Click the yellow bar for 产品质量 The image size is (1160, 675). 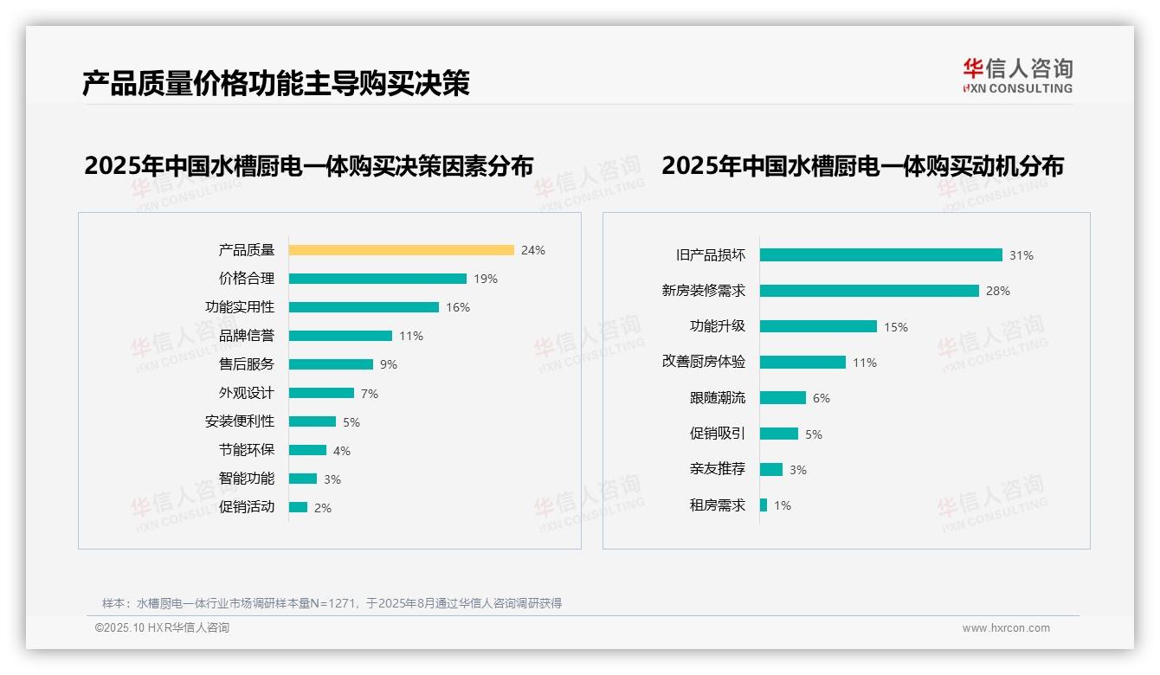click(x=401, y=250)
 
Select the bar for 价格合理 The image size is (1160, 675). click(x=377, y=279)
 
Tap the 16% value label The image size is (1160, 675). click(x=457, y=307)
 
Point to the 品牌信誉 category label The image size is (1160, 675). click(x=246, y=336)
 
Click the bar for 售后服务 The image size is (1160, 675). click(x=331, y=364)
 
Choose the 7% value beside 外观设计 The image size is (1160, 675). click(x=369, y=394)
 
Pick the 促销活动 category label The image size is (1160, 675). click(x=246, y=507)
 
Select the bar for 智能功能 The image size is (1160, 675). click(x=303, y=479)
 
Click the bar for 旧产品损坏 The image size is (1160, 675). click(x=880, y=255)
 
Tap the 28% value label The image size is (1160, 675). click(x=997, y=291)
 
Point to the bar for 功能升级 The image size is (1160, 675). click(x=818, y=326)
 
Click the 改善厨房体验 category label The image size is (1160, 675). click(x=703, y=362)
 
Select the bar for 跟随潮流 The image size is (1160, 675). click(x=783, y=398)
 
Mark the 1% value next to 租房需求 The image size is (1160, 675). click(x=782, y=505)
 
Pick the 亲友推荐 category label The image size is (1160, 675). click(x=717, y=469)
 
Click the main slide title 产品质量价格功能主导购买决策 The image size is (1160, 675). click(x=275, y=84)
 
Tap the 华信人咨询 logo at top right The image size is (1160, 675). click(x=1017, y=75)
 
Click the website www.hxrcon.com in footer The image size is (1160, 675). click(x=1005, y=628)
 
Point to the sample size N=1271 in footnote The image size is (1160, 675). click(x=333, y=603)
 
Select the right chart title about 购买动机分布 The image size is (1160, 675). click(x=862, y=165)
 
